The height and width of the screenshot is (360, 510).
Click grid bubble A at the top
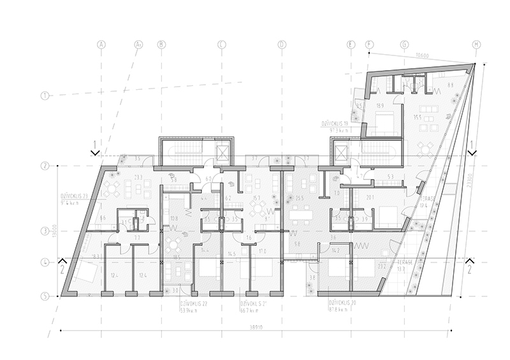[x=101, y=45]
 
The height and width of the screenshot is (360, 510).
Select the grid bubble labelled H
[x=476, y=45]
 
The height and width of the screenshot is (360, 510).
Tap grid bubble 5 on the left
[x=45, y=296]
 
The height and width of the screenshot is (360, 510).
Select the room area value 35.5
[x=419, y=117]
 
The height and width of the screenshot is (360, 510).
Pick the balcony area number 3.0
[x=176, y=291]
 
